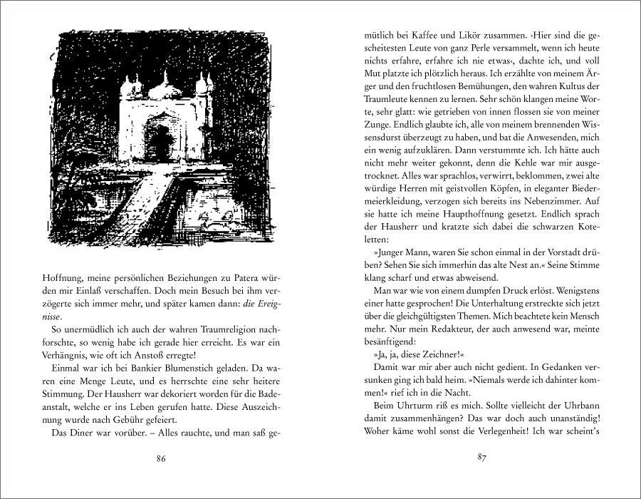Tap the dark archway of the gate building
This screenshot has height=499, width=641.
tap(159, 143)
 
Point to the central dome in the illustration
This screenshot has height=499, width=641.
tap(163, 88)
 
